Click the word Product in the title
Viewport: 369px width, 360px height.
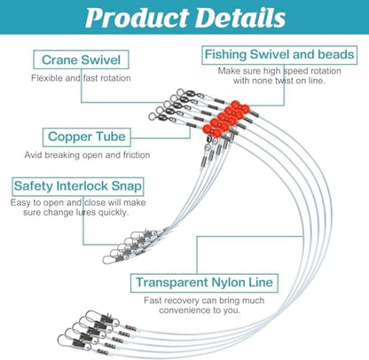click(137, 18)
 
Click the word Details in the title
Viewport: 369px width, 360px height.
click(240, 18)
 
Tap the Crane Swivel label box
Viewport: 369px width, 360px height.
click(81, 59)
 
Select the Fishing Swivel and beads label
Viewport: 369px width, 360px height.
click(279, 55)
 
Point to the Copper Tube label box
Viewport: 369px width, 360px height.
click(87, 137)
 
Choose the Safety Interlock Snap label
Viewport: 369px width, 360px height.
click(78, 186)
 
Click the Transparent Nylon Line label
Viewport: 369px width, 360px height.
click(204, 283)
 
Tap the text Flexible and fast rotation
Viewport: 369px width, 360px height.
click(81, 78)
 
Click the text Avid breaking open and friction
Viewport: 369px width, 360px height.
click(87, 155)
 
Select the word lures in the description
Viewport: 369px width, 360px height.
click(86, 212)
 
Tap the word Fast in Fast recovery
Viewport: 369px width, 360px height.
click(152, 301)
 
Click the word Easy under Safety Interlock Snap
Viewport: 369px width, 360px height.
click(20, 203)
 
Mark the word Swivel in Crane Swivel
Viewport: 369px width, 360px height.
click(100, 59)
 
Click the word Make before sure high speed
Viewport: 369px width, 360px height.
click(228, 71)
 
